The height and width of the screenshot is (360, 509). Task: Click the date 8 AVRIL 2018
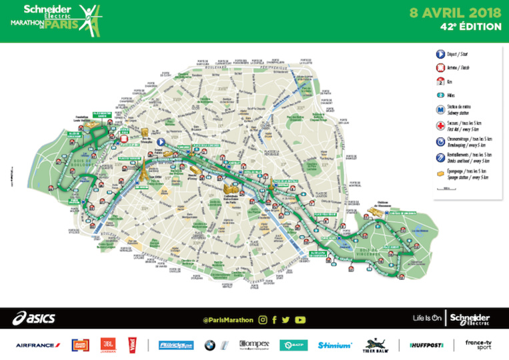click(456, 12)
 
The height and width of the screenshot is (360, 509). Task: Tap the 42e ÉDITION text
click(470, 27)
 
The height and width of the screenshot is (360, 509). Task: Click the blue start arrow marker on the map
click(160, 141)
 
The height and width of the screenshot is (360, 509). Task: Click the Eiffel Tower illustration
click(142, 172)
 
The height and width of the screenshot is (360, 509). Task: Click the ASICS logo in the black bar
click(33, 319)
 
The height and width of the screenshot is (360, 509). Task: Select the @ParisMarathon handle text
click(227, 320)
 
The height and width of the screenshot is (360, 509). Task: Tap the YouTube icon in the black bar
click(300, 320)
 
